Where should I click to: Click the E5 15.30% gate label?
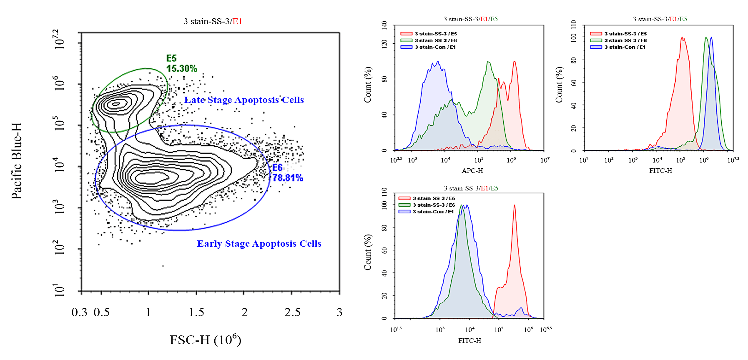[x=181, y=63]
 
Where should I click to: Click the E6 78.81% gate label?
[x=287, y=173]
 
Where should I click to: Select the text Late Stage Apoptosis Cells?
[x=244, y=100]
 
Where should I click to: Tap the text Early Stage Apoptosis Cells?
[x=259, y=244]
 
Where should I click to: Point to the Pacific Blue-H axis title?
[x=16, y=161]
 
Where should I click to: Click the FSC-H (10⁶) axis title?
[x=205, y=340]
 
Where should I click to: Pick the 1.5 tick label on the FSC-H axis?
[x=196, y=312]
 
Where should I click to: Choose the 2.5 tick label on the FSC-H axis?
[x=292, y=312]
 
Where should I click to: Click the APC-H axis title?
[x=472, y=171]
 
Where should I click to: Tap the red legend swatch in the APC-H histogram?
[x=406, y=34]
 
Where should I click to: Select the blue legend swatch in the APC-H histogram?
[x=406, y=47]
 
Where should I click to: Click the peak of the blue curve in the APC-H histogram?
[x=437, y=62]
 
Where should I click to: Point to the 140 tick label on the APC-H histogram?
[x=384, y=25]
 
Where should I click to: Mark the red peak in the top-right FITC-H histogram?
[x=683, y=38]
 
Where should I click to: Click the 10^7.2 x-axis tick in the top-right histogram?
[x=733, y=160]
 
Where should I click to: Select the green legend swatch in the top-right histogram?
[x=596, y=40]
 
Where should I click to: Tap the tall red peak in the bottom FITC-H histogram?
[x=515, y=205]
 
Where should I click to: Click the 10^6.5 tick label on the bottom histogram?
[x=545, y=330]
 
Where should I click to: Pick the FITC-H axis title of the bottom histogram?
[x=469, y=341]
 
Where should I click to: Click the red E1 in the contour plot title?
[x=237, y=22]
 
